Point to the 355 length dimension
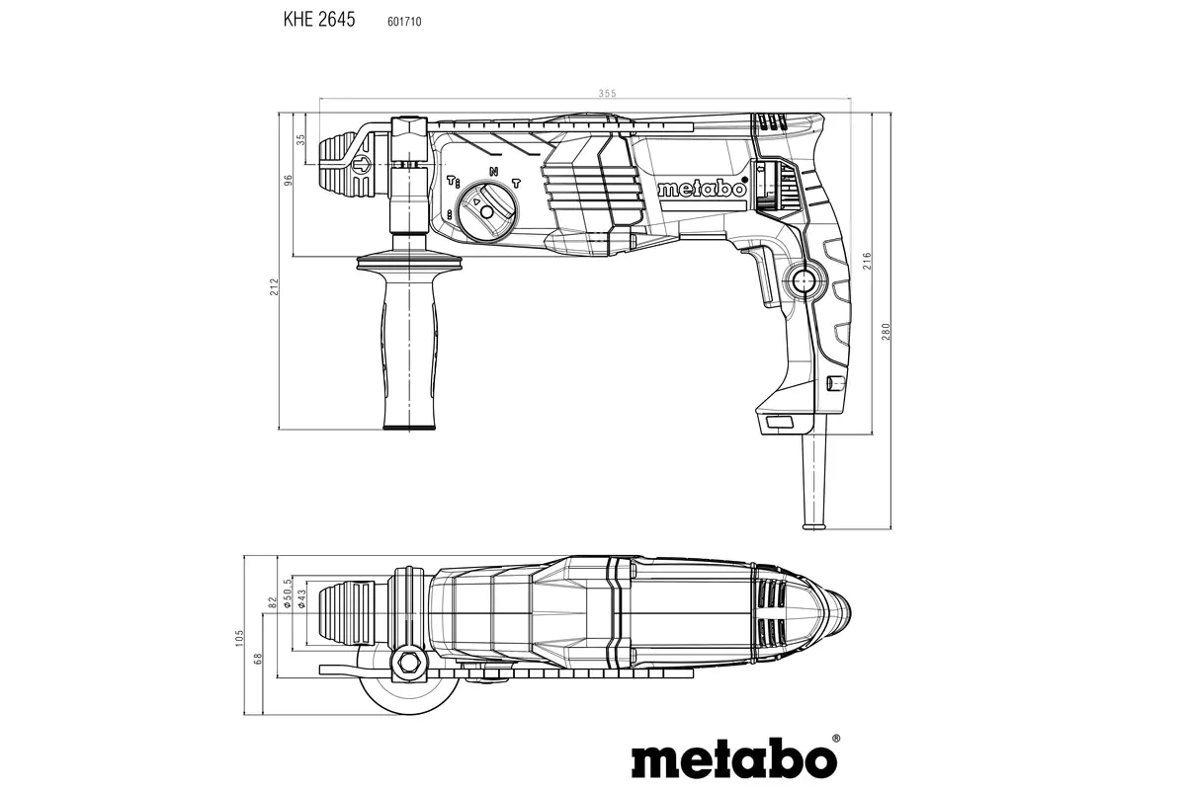[606, 93]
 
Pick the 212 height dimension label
[275, 286]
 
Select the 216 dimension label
[867, 262]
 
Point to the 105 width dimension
[240, 638]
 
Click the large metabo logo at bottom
[734, 759]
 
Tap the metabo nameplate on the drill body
[702, 190]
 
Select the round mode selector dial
[485, 207]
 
